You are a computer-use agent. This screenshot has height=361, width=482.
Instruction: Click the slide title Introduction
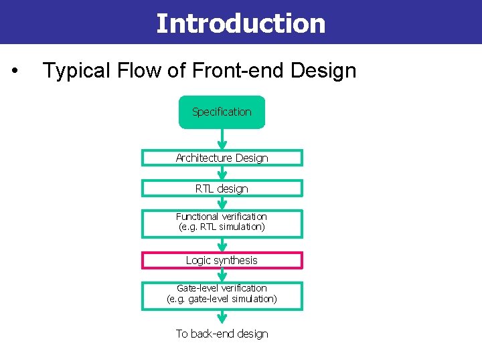click(240, 23)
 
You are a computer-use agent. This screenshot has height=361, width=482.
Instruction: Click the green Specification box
click(222, 112)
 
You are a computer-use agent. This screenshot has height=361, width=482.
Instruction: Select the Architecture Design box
click(222, 158)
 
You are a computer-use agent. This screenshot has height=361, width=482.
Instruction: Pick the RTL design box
click(222, 189)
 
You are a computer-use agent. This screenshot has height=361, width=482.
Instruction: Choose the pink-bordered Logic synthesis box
click(222, 260)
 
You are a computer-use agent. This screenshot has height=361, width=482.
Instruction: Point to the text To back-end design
click(222, 334)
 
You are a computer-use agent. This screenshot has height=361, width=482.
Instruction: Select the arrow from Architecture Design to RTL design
click(222, 172)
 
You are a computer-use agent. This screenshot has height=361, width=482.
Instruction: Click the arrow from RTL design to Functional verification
click(222, 203)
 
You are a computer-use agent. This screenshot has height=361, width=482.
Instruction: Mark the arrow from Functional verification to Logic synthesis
click(222, 245)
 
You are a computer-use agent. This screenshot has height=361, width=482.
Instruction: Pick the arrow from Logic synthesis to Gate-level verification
click(222, 275)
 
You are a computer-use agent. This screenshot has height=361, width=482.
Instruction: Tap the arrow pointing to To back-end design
click(222, 317)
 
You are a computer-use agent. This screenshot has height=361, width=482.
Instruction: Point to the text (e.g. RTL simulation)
click(222, 227)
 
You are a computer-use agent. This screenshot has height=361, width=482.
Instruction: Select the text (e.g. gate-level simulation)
click(222, 299)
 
